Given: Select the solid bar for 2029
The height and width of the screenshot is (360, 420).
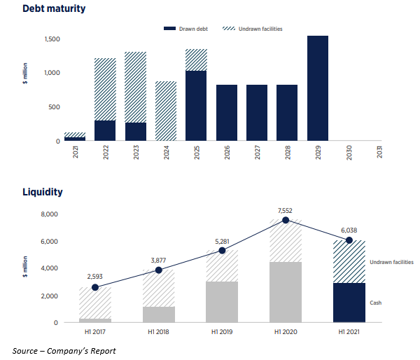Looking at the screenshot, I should pos(317,88).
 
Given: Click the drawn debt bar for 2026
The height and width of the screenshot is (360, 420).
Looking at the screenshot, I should pos(226,113).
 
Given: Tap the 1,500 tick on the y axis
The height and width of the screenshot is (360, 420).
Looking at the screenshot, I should pos(52,39).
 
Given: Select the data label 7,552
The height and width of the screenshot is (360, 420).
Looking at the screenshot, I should pos(285,209).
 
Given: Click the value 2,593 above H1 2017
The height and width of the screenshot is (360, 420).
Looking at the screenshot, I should pos(96,277).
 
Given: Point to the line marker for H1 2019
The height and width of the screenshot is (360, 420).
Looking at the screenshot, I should pos(222,250).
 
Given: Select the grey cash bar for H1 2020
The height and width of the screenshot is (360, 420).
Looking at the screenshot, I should pos(285,291).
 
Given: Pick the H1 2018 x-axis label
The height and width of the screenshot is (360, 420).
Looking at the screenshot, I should pos(159,332).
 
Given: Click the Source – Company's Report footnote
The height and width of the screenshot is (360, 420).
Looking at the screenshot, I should pos(64,350).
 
